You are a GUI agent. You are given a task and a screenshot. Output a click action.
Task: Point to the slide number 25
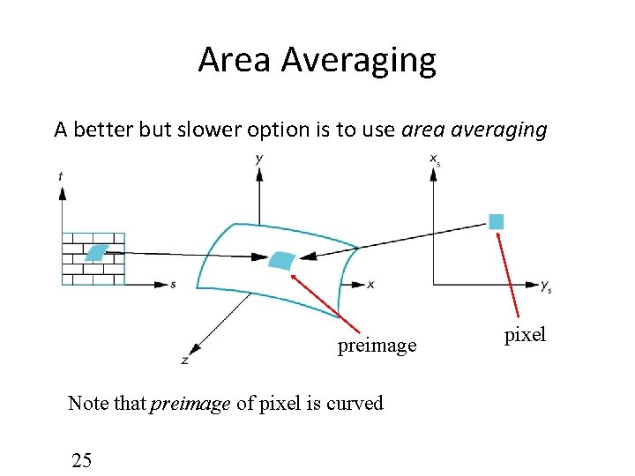(82, 459)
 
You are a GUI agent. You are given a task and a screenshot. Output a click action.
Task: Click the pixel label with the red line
(525, 335)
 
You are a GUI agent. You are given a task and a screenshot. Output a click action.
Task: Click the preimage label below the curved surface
(377, 346)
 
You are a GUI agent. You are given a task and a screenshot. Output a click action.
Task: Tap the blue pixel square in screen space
(497, 221)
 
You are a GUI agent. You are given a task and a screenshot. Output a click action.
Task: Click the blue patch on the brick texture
(95, 252)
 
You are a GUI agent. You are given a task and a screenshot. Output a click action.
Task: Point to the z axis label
(183, 360)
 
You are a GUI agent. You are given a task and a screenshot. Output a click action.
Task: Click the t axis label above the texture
(60, 176)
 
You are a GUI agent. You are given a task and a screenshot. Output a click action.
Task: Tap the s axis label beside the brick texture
(173, 285)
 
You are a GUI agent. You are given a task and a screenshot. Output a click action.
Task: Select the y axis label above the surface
(258, 159)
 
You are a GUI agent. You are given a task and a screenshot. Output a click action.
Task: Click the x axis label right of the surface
(370, 285)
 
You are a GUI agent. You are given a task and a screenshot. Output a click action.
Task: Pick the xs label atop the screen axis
(435, 160)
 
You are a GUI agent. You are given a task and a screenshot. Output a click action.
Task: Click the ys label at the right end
(547, 286)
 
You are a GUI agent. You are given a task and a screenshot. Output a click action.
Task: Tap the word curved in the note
(355, 404)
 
